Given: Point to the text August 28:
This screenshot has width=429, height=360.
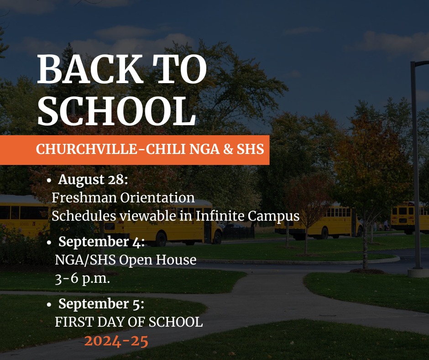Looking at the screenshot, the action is coord(93,180).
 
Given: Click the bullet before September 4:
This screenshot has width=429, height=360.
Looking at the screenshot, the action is coord(49,243).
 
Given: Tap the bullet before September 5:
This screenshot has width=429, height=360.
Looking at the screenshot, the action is coord(49,304).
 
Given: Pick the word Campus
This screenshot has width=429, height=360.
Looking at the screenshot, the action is coord(273,217).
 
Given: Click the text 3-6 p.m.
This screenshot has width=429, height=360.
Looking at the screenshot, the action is coord(82,279).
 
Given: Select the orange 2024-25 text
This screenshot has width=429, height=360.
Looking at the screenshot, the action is coord(116,341).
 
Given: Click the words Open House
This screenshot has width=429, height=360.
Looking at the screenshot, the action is coord(157,260).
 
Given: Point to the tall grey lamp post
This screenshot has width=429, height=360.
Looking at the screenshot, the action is coord(417,164).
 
